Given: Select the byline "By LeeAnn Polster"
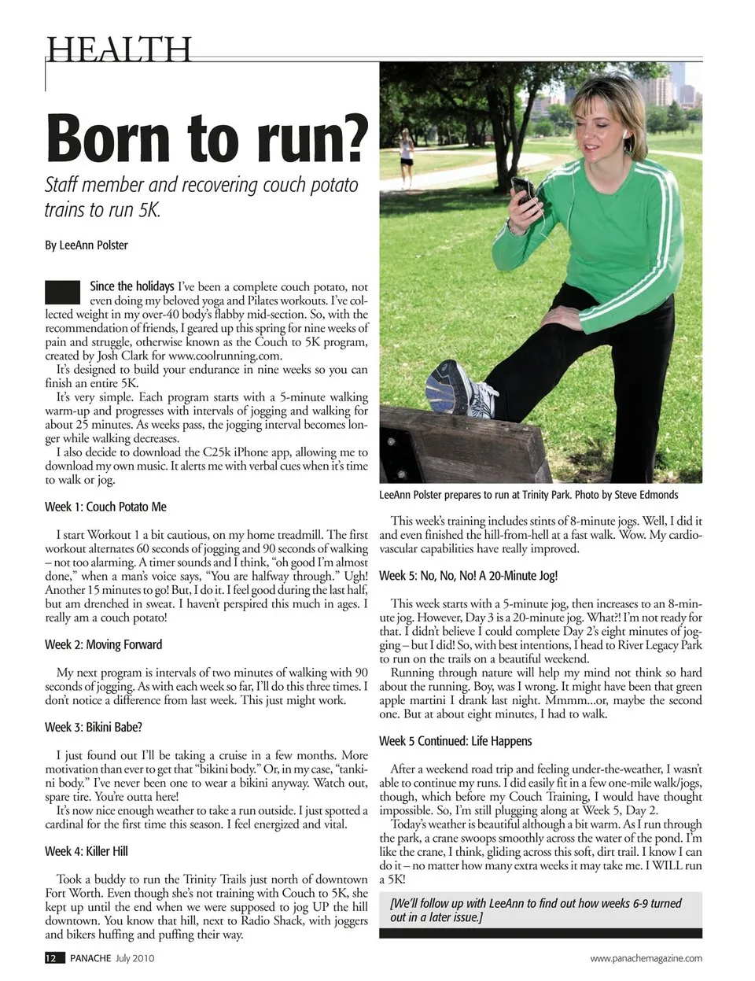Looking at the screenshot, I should pos(87,245).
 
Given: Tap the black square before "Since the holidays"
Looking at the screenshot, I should pos(63,292).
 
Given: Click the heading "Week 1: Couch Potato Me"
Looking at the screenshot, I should pos(105,507).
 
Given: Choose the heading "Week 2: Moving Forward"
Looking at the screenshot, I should pos(103,644).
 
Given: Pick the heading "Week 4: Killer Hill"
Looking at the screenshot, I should pos(87,851).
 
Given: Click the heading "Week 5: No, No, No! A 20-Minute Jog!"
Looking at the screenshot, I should pos(469,576).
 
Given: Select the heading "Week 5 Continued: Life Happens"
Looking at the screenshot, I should pos(455,741).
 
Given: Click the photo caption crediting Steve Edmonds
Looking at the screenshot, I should pos(528,495).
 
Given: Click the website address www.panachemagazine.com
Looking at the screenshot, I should pos(646,958).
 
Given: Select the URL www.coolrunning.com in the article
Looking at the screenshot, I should pos(224,356).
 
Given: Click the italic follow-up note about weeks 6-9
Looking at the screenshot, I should pos(536,910).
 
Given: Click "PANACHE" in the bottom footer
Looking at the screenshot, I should pos(90,958).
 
